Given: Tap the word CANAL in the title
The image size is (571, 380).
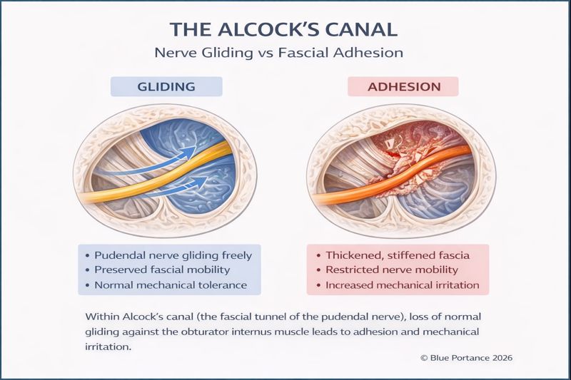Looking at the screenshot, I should pyautogui.click(x=364, y=30).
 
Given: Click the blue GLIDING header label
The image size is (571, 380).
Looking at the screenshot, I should pyautogui.click(x=166, y=87).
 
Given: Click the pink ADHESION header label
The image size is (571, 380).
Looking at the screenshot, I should pyautogui.click(x=403, y=87).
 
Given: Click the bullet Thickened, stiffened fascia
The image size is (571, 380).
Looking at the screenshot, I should pyautogui.click(x=396, y=255).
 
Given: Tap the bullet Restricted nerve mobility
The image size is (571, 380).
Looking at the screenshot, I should pyautogui.click(x=392, y=269).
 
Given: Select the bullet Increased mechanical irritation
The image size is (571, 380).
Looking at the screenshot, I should pyautogui.click(x=403, y=285).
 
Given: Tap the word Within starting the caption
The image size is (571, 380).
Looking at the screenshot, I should pyautogui.click(x=102, y=317).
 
